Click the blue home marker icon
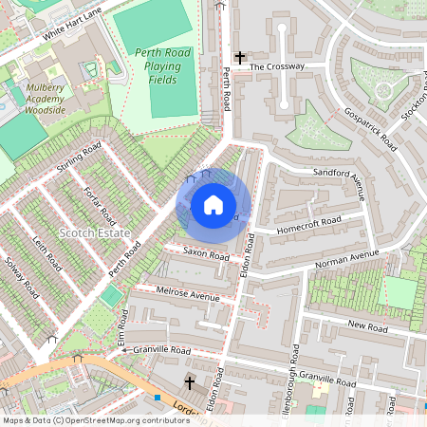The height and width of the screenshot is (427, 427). tap(213, 205)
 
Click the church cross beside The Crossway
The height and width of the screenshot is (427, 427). tap(240, 58)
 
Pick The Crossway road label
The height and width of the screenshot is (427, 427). tap(277, 67)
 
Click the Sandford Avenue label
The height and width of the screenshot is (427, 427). tap(339, 184)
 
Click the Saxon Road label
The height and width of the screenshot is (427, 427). tap(207, 255)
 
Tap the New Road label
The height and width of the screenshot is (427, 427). tap(368, 327)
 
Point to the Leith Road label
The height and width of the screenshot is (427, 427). tap(46, 253)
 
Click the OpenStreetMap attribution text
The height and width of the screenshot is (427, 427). tap(83, 419)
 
